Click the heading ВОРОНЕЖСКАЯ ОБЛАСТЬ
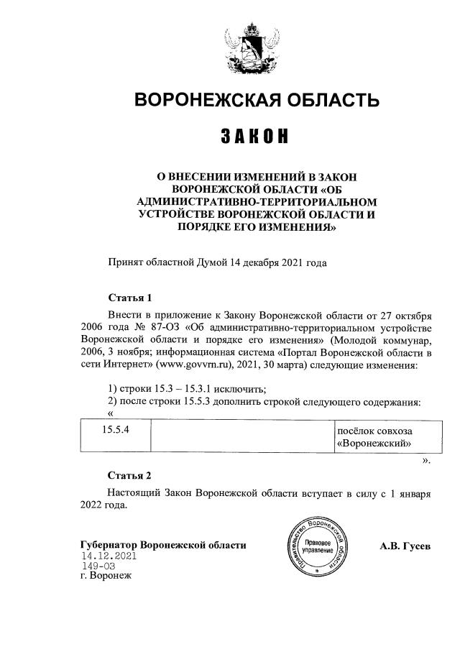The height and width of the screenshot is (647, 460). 257,100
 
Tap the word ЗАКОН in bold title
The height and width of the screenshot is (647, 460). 257,136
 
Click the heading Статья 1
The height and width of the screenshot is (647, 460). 129,297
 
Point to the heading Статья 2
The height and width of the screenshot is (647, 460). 129,475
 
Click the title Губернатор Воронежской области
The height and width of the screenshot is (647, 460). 164,545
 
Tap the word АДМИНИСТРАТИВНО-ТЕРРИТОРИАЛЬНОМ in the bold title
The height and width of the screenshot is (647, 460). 257,201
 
